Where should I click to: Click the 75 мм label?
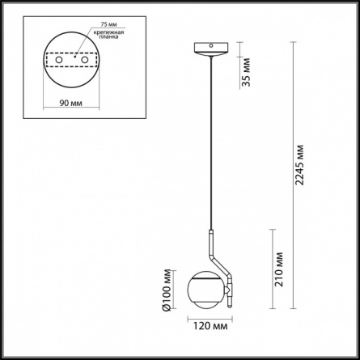coord(108,24)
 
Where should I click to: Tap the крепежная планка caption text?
coord(108,35)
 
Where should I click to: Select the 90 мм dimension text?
coord(71,103)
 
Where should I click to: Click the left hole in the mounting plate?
coord(58,60)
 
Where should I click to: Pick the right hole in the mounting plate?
coord(85,60)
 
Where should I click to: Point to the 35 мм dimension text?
coord(246,72)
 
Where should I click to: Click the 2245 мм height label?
coord(299,165)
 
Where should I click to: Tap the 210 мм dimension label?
coord(279,269)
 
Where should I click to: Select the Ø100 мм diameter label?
coord(167,290)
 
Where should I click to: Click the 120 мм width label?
coord(210,326)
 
